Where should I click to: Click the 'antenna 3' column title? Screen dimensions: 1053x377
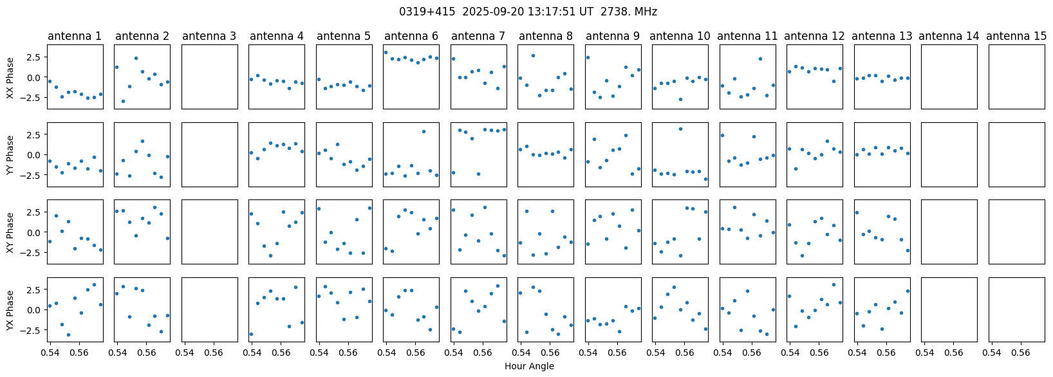209,36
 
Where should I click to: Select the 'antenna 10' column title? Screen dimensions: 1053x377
680,36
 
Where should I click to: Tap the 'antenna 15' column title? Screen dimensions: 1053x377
1016,36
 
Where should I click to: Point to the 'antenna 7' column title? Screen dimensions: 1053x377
478,36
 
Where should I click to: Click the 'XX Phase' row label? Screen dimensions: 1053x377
10,78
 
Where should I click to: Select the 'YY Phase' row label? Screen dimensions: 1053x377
10,155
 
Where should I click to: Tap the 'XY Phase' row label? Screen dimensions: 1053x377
10,233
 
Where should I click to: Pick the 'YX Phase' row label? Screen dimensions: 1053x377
10,310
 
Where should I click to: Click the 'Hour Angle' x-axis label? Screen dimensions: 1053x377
529,366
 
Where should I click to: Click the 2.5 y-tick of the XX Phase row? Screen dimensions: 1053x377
35,57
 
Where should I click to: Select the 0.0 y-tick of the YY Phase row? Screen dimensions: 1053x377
35,154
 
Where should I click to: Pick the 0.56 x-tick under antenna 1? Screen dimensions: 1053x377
79,352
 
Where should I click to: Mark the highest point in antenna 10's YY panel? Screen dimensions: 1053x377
680,129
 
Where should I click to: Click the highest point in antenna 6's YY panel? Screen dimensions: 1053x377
424,132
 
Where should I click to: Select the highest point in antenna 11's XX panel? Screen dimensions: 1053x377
760,59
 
